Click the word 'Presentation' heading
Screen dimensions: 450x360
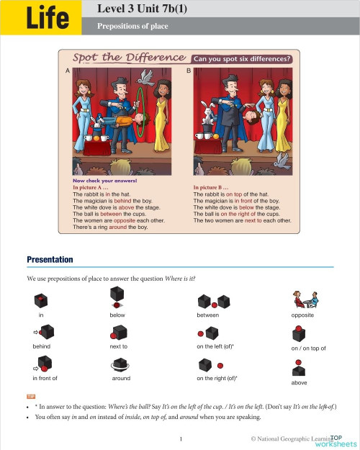coord(50,260)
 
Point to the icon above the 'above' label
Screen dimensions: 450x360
coord(298,370)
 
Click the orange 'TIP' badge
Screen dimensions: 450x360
coord(31,396)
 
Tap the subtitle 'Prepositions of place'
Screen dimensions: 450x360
coord(127,27)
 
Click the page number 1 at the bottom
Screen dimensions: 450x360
coord(181,438)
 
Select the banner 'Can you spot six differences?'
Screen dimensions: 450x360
coord(240,59)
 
